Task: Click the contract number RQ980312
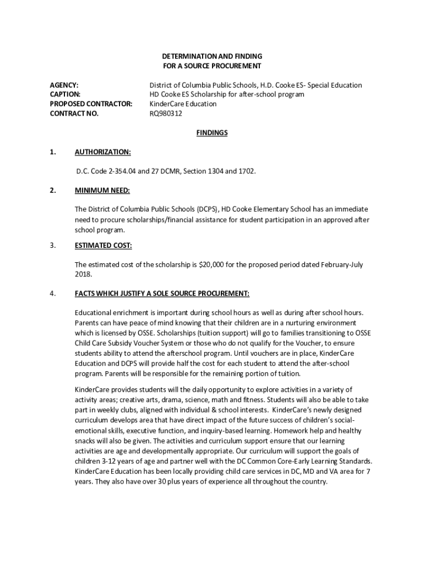click(166, 114)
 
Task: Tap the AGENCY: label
click(64, 85)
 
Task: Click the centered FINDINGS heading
click(212, 133)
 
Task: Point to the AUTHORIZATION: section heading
click(103, 152)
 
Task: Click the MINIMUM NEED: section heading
click(102, 191)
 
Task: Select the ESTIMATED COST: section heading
click(104, 246)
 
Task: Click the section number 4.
click(53, 294)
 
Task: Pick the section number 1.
click(53, 152)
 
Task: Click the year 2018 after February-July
click(83, 274)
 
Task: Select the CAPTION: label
click(66, 95)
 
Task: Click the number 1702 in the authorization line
click(247, 171)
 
